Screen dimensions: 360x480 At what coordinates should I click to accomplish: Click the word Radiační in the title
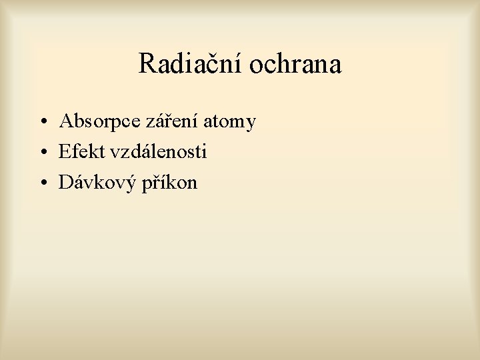point(191,65)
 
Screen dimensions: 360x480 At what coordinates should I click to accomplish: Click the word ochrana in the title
point(295,65)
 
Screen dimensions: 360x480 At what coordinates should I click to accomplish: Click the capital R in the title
point(147,65)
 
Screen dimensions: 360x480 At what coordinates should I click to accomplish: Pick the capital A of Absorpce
point(66,121)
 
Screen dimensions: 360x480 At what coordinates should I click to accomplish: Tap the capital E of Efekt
point(65,152)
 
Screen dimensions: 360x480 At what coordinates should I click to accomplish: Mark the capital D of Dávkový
point(66,182)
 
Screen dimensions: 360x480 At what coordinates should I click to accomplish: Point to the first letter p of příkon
point(147,185)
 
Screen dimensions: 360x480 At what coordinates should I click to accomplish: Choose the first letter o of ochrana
point(257,67)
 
